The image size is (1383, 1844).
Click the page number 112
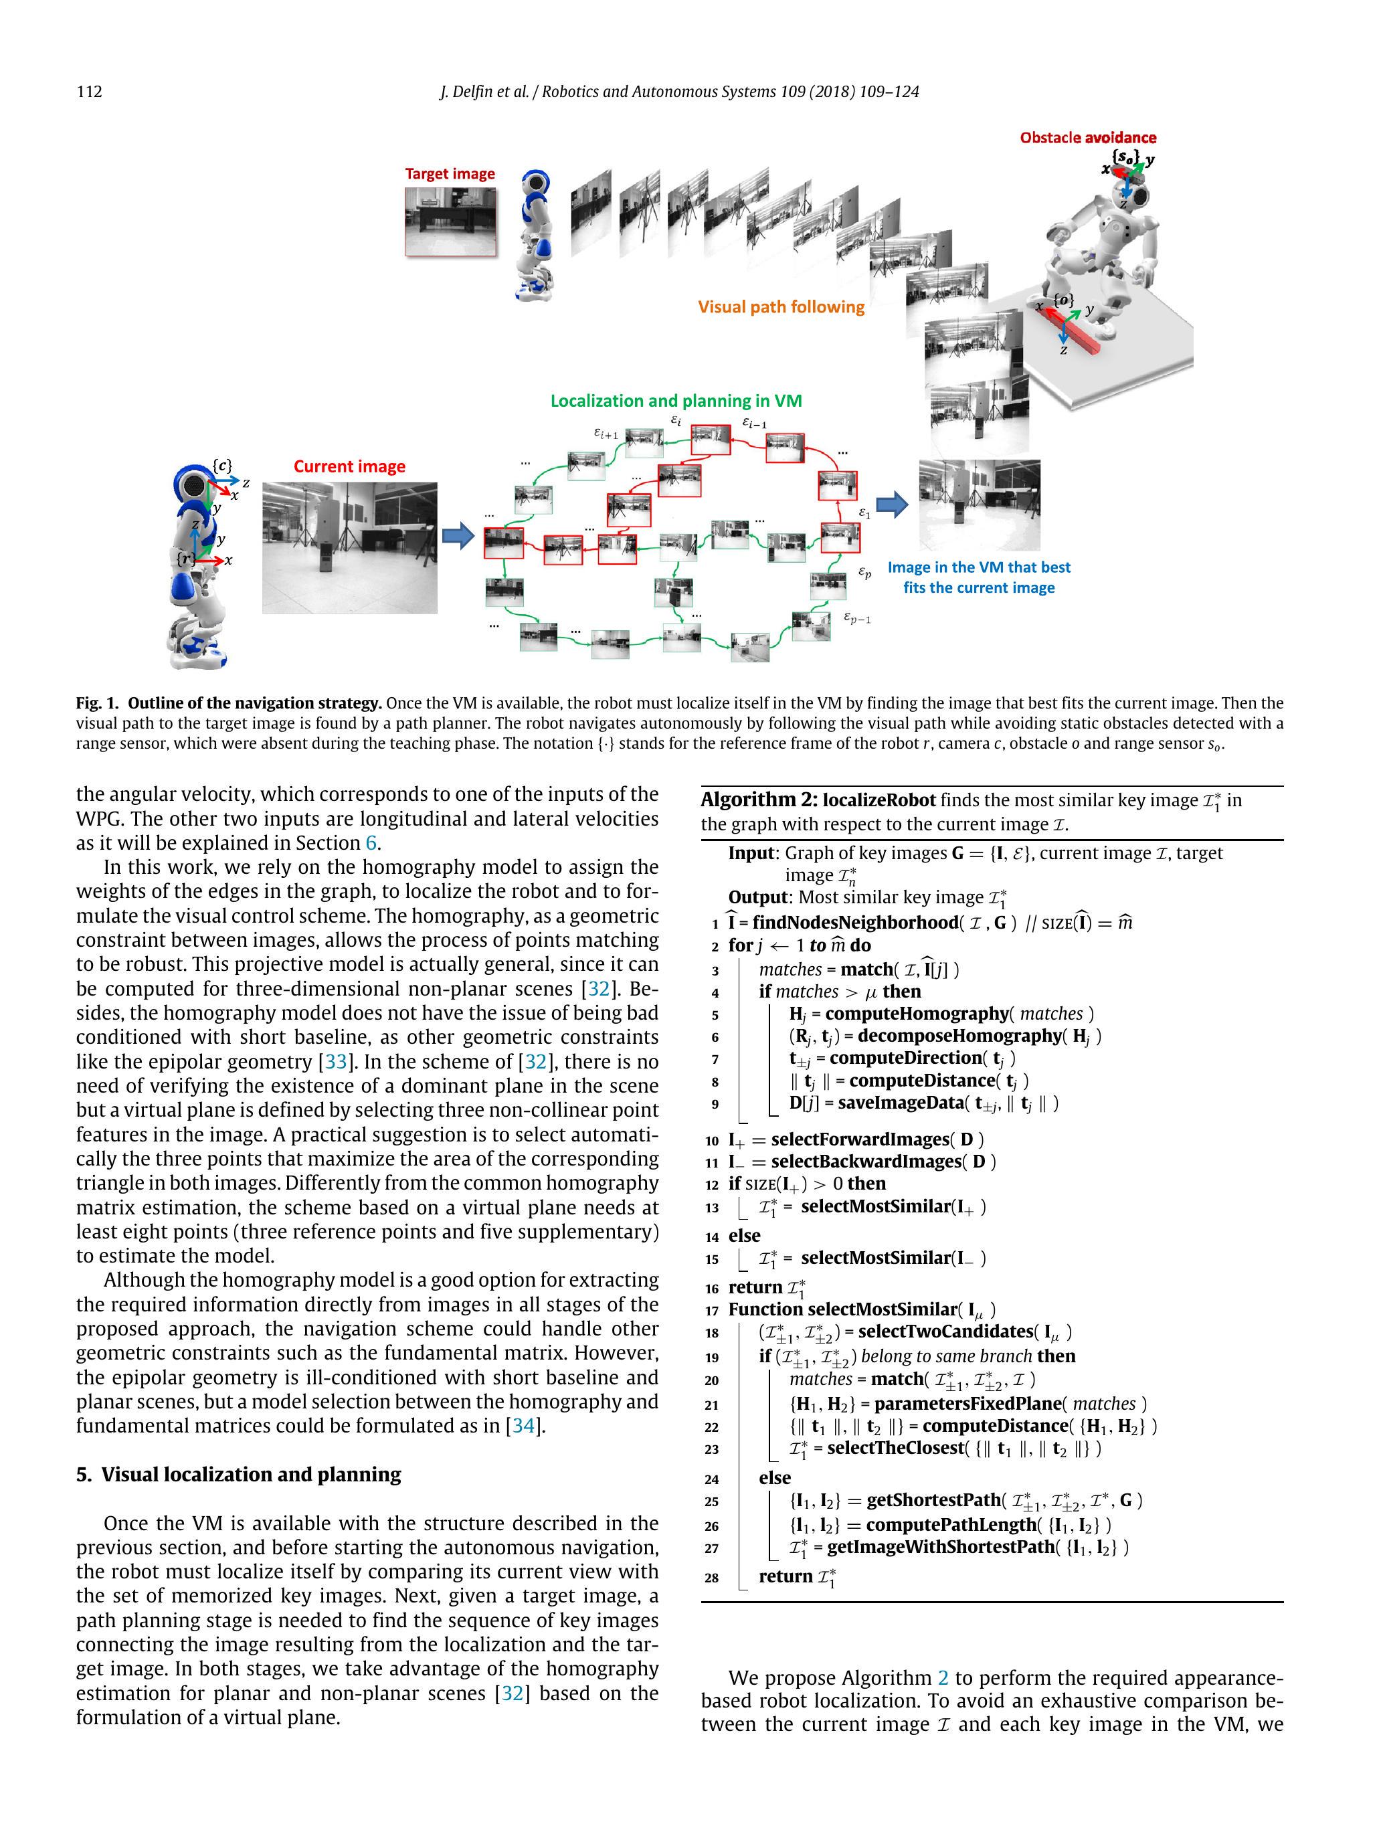click(89, 92)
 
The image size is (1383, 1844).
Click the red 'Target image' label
click(450, 173)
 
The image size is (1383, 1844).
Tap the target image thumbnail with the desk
click(450, 221)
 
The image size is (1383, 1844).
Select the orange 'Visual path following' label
click(781, 307)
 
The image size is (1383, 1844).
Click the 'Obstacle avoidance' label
click(1087, 138)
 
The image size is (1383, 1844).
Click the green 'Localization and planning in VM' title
click(675, 401)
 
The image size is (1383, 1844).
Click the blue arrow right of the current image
click(458, 536)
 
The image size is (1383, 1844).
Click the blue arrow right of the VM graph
click(892, 504)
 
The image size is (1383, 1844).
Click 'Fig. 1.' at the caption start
click(98, 703)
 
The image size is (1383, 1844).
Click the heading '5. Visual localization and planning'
click(238, 1474)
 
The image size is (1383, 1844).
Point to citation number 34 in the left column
click(523, 1426)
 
